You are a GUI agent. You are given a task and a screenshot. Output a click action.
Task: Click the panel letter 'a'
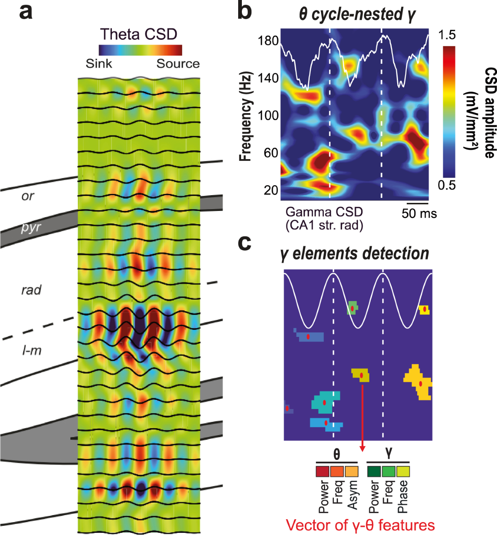point(26,12)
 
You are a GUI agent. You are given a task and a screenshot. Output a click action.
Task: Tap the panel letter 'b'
point(245,12)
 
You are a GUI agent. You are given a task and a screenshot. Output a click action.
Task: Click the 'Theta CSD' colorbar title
point(138,34)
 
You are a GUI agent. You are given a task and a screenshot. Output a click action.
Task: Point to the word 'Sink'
point(99,64)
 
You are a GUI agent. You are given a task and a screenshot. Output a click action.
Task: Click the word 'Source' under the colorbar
point(178,64)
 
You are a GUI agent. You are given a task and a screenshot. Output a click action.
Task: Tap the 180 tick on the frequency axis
point(268,41)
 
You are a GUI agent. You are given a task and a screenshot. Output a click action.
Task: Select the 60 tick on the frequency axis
point(271,153)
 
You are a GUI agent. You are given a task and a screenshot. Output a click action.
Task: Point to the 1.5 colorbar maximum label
point(447,35)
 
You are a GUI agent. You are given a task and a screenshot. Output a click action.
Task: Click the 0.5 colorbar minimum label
point(447,185)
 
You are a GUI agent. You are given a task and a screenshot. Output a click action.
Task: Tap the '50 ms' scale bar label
point(419,213)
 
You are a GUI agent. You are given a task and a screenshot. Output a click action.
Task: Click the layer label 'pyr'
point(31,228)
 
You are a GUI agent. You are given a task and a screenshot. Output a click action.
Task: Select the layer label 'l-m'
point(32,351)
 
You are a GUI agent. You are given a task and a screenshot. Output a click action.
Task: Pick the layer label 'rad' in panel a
point(31,290)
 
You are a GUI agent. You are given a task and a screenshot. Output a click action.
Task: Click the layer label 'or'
point(28,196)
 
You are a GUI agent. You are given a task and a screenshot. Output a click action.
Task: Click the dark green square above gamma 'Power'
point(374,472)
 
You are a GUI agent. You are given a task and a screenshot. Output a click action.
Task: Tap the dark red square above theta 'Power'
point(323,472)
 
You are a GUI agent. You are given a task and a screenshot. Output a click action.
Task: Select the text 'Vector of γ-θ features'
point(360,525)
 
